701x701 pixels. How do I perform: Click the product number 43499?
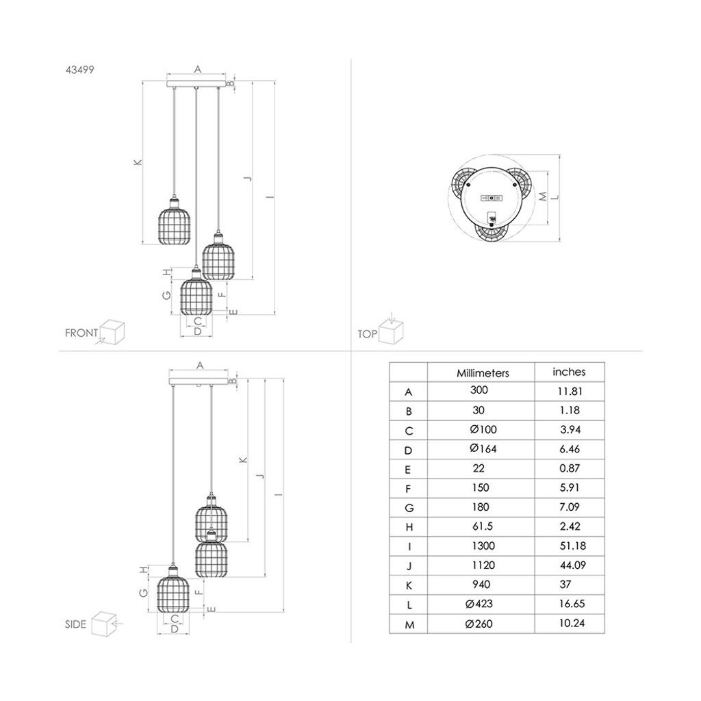(x=80, y=68)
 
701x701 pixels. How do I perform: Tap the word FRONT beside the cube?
(x=81, y=333)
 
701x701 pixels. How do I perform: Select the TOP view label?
(x=367, y=334)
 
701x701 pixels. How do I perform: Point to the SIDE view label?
(x=75, y=624)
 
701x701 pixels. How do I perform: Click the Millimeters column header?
(x=483, y=373)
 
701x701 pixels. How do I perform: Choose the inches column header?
(x=569, y=372)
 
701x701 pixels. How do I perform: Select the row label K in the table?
(x=409, y=585)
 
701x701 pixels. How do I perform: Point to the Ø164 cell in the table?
(x=483, y=449)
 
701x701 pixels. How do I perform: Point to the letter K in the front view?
(x=137, y=163)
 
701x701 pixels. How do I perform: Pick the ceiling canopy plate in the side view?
(x=199, y=379)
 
